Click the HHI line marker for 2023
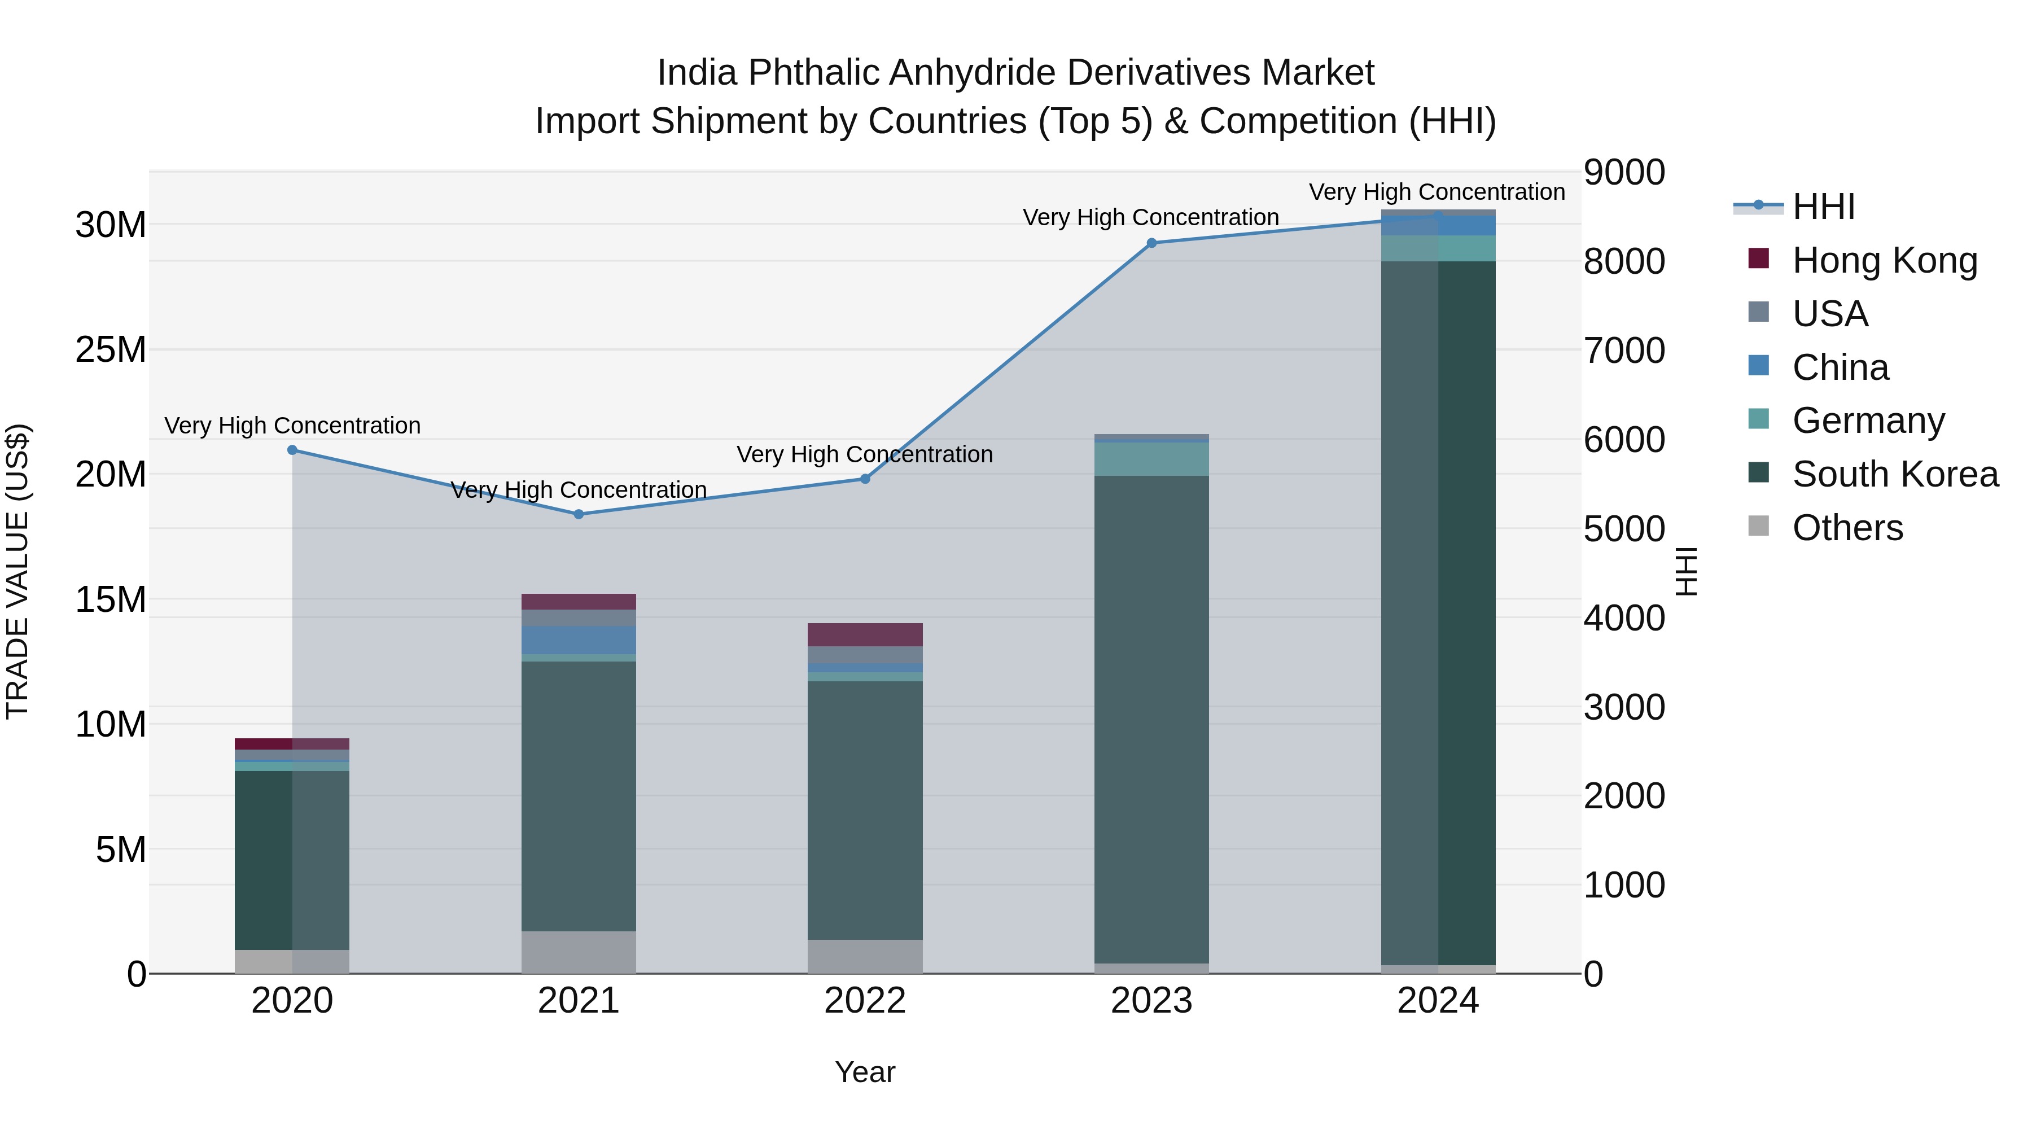click(x=1151, y=243)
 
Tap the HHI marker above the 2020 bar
click(x=292, y=450)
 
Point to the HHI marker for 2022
click(x=865, y=479)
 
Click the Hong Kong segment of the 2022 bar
click(x=865, y=635)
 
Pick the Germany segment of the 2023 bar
click(x=1151, y=459)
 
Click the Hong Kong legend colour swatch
click(x=1758, y=259)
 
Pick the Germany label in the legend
click(x=1868, y=421)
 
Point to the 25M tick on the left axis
click(x=111, y=349)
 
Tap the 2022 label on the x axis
click(x=865, y=1001)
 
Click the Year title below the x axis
click(x=865, y=1072)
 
